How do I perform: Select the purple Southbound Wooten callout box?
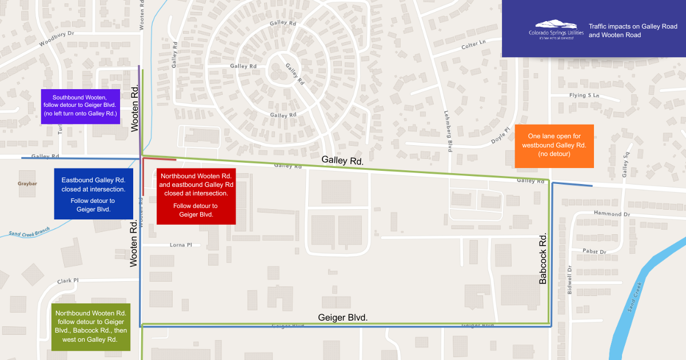click(x=81, y=106)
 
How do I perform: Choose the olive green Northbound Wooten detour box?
click(x=91, y=326)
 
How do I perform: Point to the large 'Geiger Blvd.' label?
click(x=342, y=317)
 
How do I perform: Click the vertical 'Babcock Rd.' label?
click(x=543, y=258)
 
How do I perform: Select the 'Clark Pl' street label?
click(x=67, y=281)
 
